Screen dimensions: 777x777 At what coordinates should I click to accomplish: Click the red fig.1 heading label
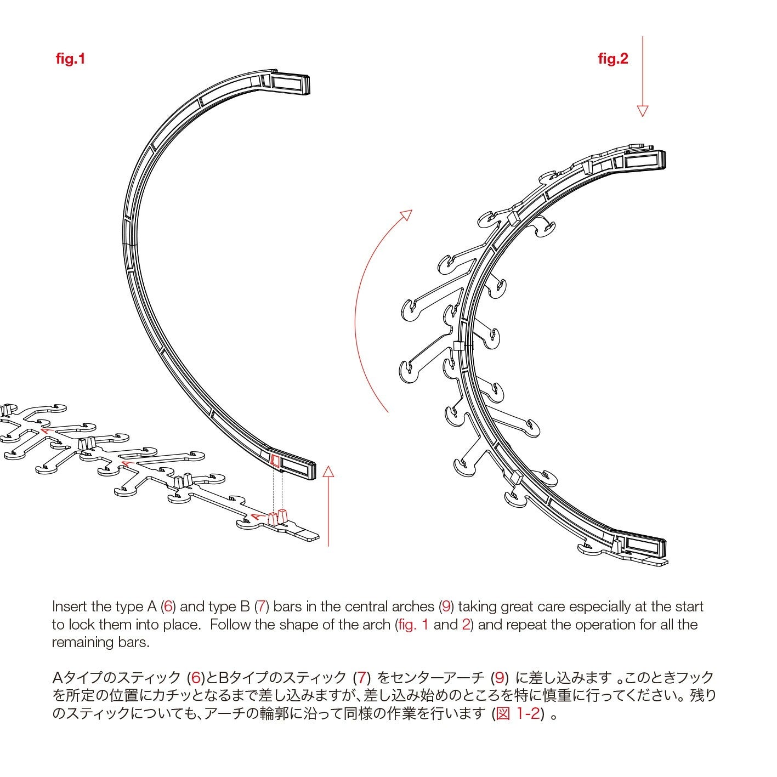point(71,59)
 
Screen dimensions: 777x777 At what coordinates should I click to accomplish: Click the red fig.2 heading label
point(613,59)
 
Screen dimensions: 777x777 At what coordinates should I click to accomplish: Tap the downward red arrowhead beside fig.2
point(642,111)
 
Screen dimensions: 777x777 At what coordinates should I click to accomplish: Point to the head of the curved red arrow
point(406,214)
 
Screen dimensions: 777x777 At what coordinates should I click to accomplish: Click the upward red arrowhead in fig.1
point(328,472)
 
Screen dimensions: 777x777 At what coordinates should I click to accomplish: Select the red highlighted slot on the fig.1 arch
point(276,461)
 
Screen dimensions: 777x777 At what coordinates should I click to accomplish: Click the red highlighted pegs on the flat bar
point(278,517)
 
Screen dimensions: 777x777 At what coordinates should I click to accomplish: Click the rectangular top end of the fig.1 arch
point(290,83)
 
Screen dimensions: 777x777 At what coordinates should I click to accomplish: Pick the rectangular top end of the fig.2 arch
point(644,161)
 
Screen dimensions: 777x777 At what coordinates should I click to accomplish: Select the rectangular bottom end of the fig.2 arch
point(644,546)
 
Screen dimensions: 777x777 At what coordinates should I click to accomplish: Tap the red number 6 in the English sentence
point(168,606)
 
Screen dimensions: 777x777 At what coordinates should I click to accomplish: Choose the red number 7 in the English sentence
point(262,606)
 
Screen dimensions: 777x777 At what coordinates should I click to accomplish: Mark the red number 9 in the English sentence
point(446,606)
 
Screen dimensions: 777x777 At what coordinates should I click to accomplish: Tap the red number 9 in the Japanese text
point(499,678)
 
